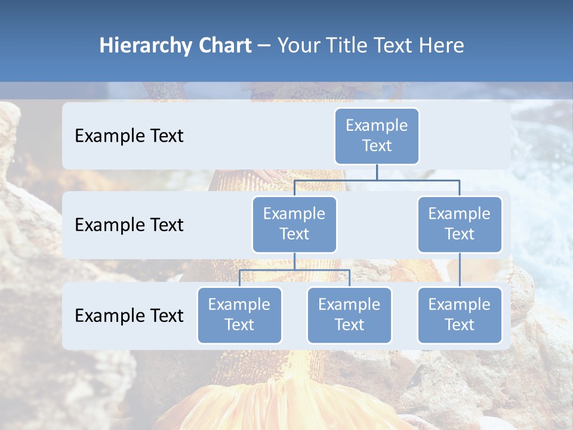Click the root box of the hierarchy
tap(377, 136)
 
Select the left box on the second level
tap(294, 224)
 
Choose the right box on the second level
tap(460, 224)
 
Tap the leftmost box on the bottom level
tap(239, 315)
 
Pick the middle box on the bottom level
tap(349, 315)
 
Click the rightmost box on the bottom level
tap(460, 315)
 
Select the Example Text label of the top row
tap(129, 136)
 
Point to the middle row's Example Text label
tap(129, 225)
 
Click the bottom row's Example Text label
tap(129, 315)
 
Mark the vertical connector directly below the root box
tap(377, 172)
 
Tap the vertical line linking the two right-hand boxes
tap(460, 270)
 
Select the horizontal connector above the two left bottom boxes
tap(294, 270)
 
